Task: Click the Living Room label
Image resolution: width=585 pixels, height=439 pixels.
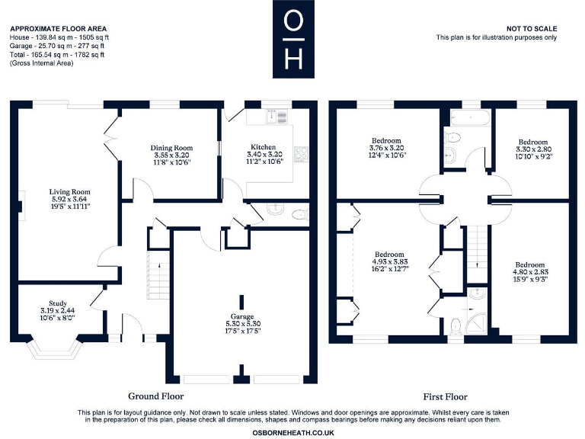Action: pyautogui.click(x=69, y=191)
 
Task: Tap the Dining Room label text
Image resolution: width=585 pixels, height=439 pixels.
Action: pyautogui.click(x=171, y=147)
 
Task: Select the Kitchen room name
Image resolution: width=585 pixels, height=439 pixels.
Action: pyautogui.click(x=263, y=147)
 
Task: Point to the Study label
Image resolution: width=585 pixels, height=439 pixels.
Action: pyautogui.click(x=58, y=303)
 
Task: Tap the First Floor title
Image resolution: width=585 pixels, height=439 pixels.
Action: pyautogui.click(x=445, y=396)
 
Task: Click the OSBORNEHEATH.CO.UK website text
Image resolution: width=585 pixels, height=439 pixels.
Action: pyautogui.click(x=292, y=432)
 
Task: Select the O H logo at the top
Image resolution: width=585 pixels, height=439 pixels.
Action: pyautogui.click(x=292, y=39)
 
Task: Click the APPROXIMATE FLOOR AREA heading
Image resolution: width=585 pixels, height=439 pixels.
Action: pyautogui.click(x=59, y=28)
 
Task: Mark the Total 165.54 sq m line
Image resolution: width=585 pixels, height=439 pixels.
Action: pyautogui.click(x=57, y=54)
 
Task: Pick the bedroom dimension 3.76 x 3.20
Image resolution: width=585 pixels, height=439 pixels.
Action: pyautogui.click(x=386, y=148)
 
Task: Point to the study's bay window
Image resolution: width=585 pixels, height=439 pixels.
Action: pyautogui.click(x=58, y=347)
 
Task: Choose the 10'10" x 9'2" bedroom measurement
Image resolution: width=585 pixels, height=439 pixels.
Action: pyautogui.click(x=532, y=156)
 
